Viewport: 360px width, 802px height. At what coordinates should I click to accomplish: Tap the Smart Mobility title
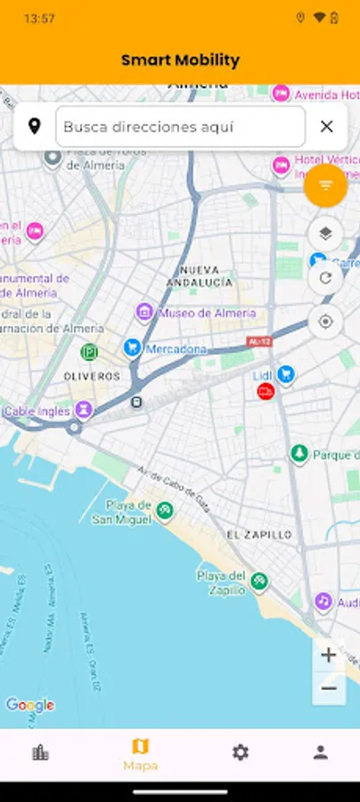[180, 61]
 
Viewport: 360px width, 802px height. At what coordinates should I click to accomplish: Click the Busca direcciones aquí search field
[180, 127]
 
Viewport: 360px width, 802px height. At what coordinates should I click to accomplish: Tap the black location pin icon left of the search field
[35, 127]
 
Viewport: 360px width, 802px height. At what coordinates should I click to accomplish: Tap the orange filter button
[325, 185]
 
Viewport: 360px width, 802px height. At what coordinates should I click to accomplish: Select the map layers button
[325, 234]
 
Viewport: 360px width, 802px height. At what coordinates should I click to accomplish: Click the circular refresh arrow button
[325, 278]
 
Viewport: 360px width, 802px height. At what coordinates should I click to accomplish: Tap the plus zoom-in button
[329, 655]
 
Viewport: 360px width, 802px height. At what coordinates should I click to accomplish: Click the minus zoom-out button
[329, 688]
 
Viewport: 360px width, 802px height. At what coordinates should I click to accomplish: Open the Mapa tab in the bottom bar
[140, 755]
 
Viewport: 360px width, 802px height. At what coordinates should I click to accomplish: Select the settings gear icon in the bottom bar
[241, 753]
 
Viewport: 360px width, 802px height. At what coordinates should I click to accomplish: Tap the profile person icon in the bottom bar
[321, 753]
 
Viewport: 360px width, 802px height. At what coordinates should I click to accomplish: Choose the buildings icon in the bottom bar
[40, 753]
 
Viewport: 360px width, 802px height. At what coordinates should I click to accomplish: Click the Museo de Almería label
[207, 313]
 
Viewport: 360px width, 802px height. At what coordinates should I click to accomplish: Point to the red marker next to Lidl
[265, 391]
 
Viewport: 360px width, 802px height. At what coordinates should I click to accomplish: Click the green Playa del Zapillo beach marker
[258, 581]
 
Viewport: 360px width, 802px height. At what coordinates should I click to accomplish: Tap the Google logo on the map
[30, 706]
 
